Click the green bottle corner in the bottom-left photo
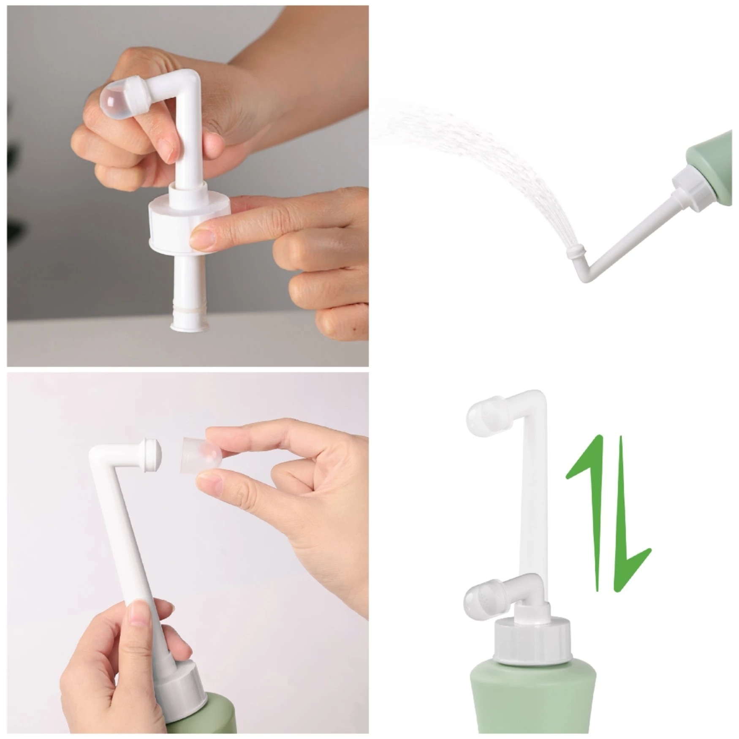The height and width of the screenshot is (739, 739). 215,714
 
